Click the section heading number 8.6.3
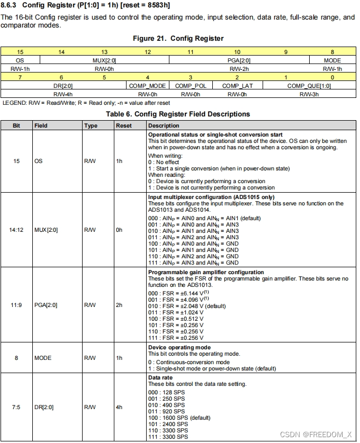pyautogui.click(x=11, y=5)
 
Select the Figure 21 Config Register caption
pyautogui.click(x=178, y=38)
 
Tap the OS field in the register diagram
pyautogui.click(x=20, y=60)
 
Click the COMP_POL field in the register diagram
pyautogui.click(x=191, y=86)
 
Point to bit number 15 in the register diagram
pyautogui.click(x=20, y=52)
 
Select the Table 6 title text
pyautogui.click(x=178, y=114)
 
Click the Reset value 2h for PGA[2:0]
pyautogui.click(x=119, y=305)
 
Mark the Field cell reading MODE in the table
pyautogui.click(x=43, y=358)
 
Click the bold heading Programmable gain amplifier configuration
pyautogui.click(x=206, y=273)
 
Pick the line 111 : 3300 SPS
pyautogui.click(x=168, y=437)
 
